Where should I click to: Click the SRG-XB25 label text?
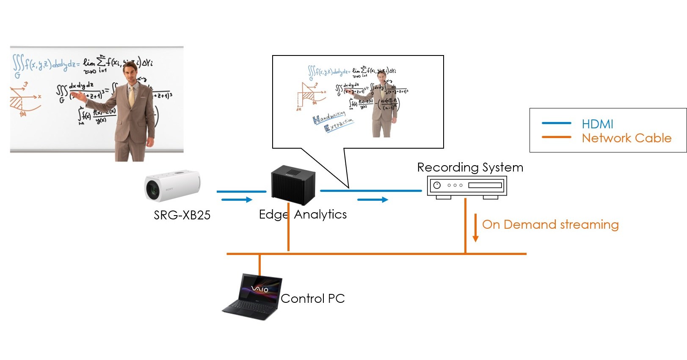[x=182, y=215]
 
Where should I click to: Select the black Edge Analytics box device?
[x=293, y=185]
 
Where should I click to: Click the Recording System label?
[x=470, y=167]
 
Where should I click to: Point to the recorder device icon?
[x=467, y=186]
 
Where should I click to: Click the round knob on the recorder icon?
[x=437, y=185]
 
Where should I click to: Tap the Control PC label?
[x=313, y=299]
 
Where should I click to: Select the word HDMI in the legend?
[x=597, y=124]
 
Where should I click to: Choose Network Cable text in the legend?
[x=626, y=138]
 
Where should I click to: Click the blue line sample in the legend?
[x=556, y=123]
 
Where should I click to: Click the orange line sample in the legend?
[x=556, y=137]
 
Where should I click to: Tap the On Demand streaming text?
[x=550, y=224]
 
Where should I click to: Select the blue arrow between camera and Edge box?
[x=237, y=199]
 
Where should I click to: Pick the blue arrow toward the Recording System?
[x=372, y=199]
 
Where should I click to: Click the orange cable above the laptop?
[x=259, y=265]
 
